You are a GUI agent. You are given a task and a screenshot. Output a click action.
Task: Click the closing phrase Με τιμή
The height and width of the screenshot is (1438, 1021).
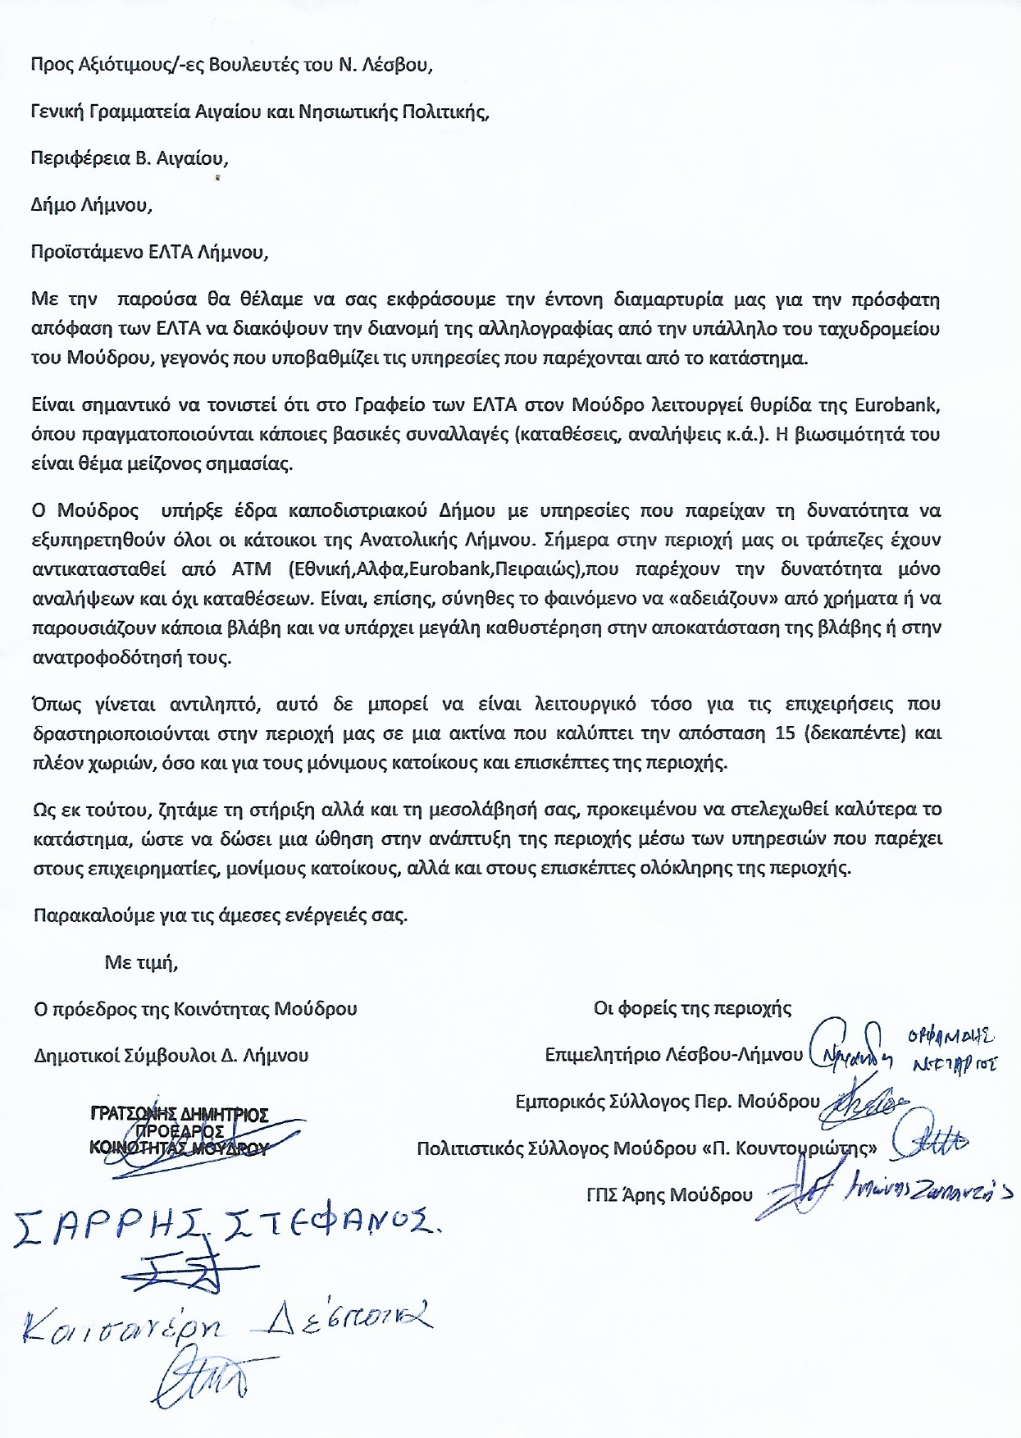(141, 962)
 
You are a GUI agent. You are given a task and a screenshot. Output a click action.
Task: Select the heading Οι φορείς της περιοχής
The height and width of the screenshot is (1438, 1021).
(692, 1008)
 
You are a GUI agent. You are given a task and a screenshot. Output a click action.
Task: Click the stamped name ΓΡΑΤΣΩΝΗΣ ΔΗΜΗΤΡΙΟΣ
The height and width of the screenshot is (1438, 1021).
(180, 1115)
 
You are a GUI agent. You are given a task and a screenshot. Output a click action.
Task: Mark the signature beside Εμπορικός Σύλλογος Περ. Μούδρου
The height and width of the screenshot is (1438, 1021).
(865, 1102)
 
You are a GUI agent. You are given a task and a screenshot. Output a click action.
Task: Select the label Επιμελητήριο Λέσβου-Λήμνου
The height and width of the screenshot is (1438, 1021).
(673, 1055)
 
